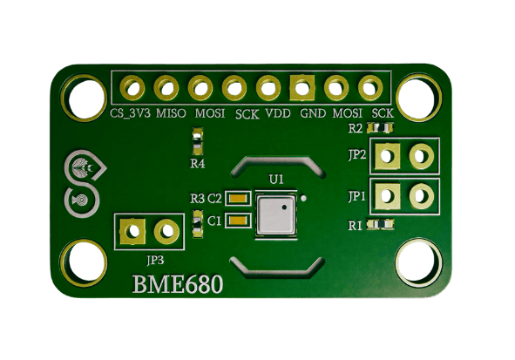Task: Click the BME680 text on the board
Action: (x=178, y=284)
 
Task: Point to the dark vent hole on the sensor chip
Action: (x=284, y=207)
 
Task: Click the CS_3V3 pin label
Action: (x=130, y=113)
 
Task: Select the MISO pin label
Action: (x=171, y=113)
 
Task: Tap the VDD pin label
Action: (x=278, y=113)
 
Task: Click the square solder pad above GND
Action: (x=302, y=88)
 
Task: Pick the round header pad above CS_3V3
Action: (x=132, y=88)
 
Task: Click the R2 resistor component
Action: (x=380, y=127)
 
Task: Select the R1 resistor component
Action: (x=380, y=224)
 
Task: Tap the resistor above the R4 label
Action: (x=198, y=141)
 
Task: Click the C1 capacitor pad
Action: (x=238, y=220)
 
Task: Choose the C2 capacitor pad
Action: (x=238, y=199)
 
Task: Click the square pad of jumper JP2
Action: (x=388, y=156)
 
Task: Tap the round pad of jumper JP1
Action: (x=422, y=196)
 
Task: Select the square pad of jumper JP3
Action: (x=132, y=232)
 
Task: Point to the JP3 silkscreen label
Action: (x=155, y=260)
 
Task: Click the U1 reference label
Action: (x=276, y=180)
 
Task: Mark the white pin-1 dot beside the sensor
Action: (x=304, y=198)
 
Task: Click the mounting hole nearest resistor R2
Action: (x=418, y=98)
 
